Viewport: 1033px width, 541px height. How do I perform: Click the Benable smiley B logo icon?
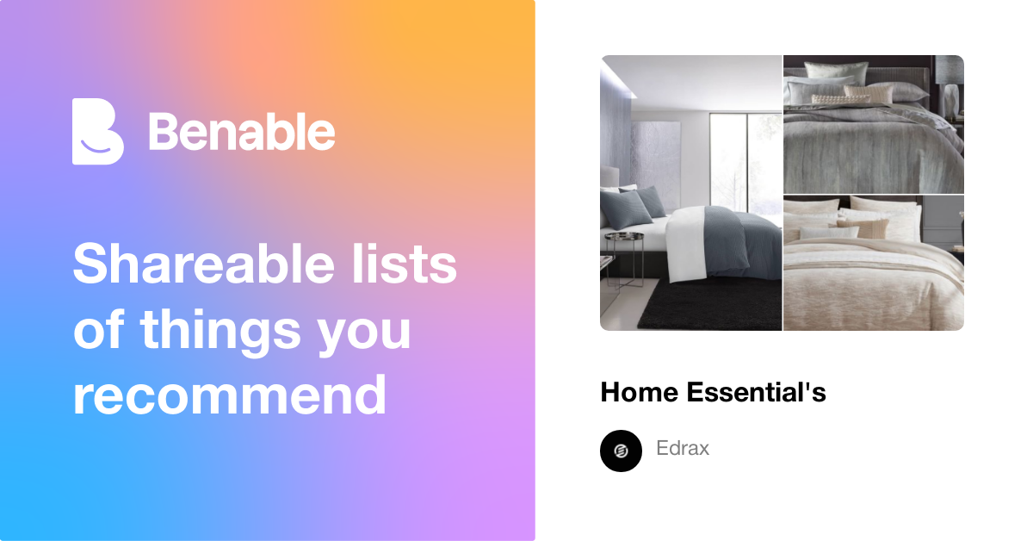tap(97, 131)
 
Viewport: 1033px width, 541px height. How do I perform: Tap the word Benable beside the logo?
tap(242, 132)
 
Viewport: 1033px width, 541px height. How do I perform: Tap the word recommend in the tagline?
tap(229, 395)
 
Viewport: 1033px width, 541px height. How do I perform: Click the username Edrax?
tap(682, 449)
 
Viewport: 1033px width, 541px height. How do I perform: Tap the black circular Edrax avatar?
tap(621, 451)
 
